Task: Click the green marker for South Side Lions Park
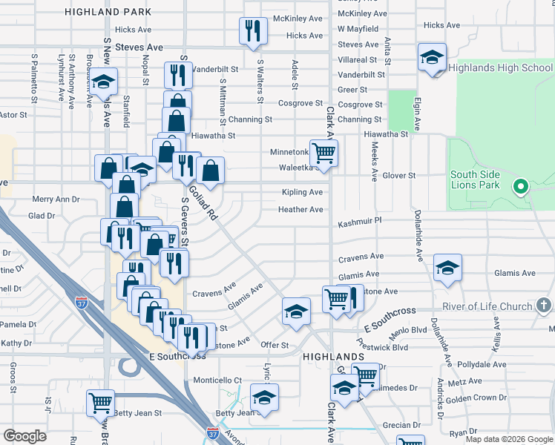(521, 185)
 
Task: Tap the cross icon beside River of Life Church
(544, 305)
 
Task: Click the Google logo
(25, 436)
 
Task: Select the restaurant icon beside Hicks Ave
(252, 30)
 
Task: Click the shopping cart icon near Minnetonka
(324, 154)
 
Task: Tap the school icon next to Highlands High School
(432, 57)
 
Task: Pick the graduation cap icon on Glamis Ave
(447, 268)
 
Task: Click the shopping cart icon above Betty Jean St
(100, 403)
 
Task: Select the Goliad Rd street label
(201, 202)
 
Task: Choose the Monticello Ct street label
(217, 380)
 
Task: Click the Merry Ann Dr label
(56, 200)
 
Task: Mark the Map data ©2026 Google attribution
(509, 439)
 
